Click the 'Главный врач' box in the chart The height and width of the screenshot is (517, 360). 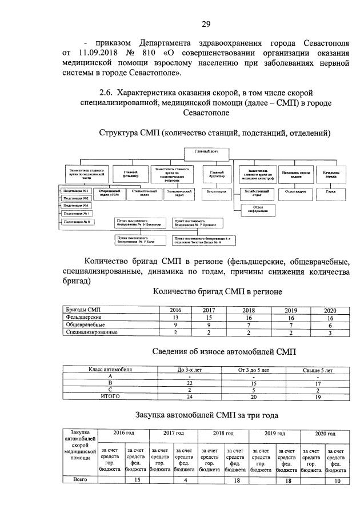click(202, 151)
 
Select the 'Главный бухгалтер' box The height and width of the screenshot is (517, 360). click(216, 174)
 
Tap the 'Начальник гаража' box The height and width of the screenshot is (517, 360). click(331, 174)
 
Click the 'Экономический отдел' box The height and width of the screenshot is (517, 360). click(174, 193)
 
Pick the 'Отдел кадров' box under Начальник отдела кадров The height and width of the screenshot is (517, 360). click(296, 191)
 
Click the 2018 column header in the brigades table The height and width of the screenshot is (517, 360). click(249, 310)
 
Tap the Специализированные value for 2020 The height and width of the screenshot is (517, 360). click(330, 332)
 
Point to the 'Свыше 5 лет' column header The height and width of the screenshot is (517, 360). click(318, 371)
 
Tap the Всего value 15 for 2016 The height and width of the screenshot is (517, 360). click(137, 481)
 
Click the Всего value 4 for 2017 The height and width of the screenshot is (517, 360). click(185, 481)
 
